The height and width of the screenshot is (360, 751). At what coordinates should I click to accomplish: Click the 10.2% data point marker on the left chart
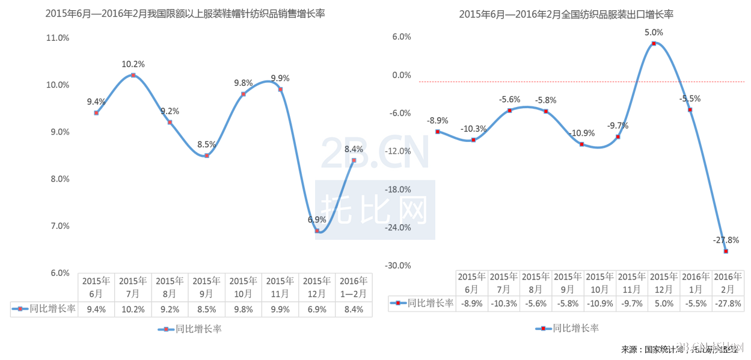(133, 75)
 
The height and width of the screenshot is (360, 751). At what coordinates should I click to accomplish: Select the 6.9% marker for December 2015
(317, 231)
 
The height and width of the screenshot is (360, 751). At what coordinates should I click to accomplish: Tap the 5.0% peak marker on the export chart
(654, 43)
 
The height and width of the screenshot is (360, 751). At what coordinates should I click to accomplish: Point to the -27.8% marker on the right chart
(726, 251)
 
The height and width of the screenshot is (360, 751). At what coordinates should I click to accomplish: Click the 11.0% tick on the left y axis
(58, 38)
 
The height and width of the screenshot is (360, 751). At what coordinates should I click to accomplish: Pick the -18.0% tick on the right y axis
(397, 189)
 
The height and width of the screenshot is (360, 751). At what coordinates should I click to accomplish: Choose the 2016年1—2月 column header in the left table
(354, 287)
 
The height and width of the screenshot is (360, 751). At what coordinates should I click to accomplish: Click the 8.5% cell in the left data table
(207, 309)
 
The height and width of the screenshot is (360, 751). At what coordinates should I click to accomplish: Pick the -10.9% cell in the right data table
(599, 304)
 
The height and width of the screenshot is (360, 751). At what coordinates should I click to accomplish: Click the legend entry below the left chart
(191, 329)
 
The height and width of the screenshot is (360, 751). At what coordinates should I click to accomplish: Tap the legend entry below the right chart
(568, 328)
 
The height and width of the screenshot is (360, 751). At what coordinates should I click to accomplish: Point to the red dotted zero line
(541, 81)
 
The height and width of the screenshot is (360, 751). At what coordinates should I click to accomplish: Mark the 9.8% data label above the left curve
(244, 83)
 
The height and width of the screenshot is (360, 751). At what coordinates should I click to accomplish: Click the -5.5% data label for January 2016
(690, 99)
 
